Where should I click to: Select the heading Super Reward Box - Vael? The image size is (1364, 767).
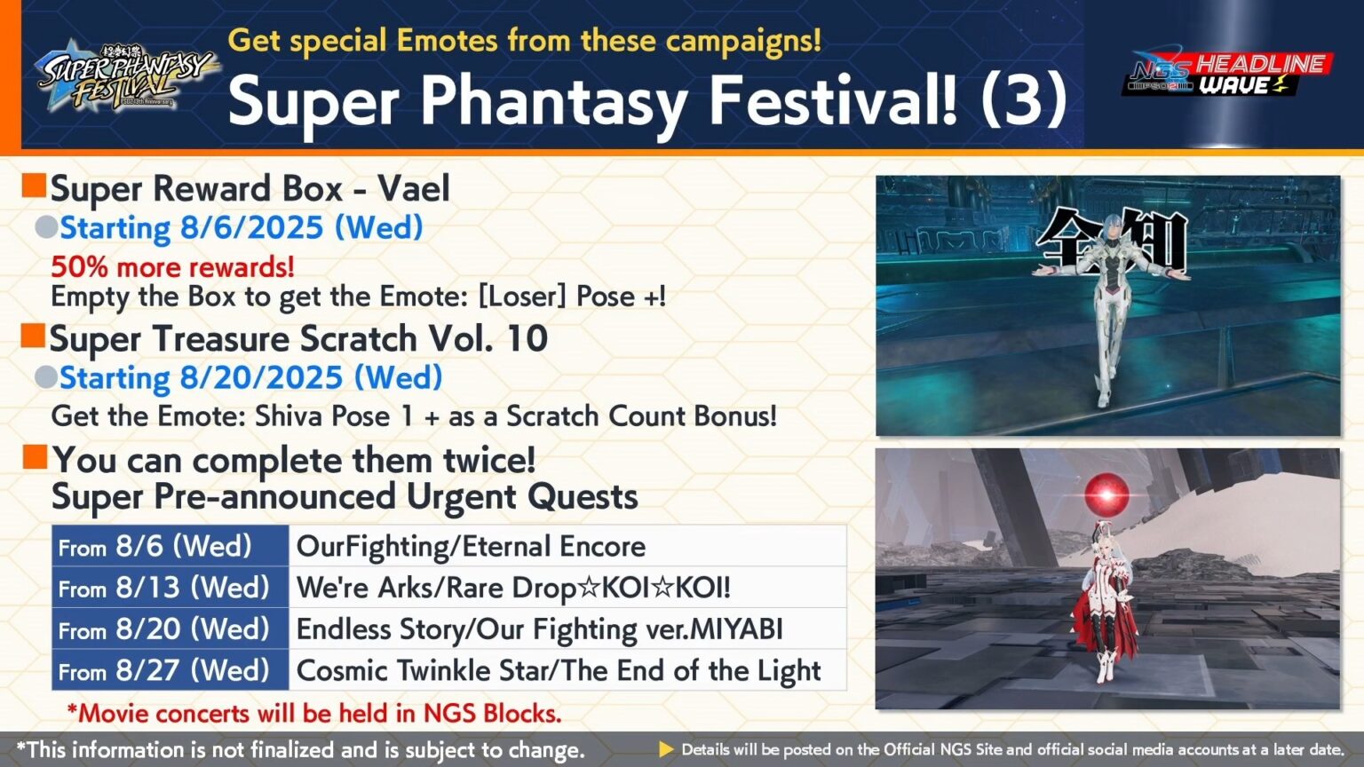coord(250,188)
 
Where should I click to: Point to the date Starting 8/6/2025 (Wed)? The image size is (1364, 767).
coord(241,228)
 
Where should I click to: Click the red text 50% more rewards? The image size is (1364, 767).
coord(172,266)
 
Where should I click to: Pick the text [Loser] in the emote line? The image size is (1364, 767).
coord(521,296)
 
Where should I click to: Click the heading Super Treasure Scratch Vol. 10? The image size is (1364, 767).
coord(298,338)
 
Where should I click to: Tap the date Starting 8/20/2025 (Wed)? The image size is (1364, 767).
coord(250,378)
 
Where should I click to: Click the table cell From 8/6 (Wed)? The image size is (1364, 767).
coord(170,546)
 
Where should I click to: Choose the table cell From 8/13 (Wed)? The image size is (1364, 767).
coord(170,588)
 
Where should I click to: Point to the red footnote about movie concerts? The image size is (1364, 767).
coord(314,713)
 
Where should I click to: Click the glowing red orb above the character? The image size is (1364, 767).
coord(1106,494)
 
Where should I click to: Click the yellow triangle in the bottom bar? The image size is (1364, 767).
coord(666,749)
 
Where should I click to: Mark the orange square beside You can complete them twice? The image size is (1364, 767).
coord(35,458)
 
